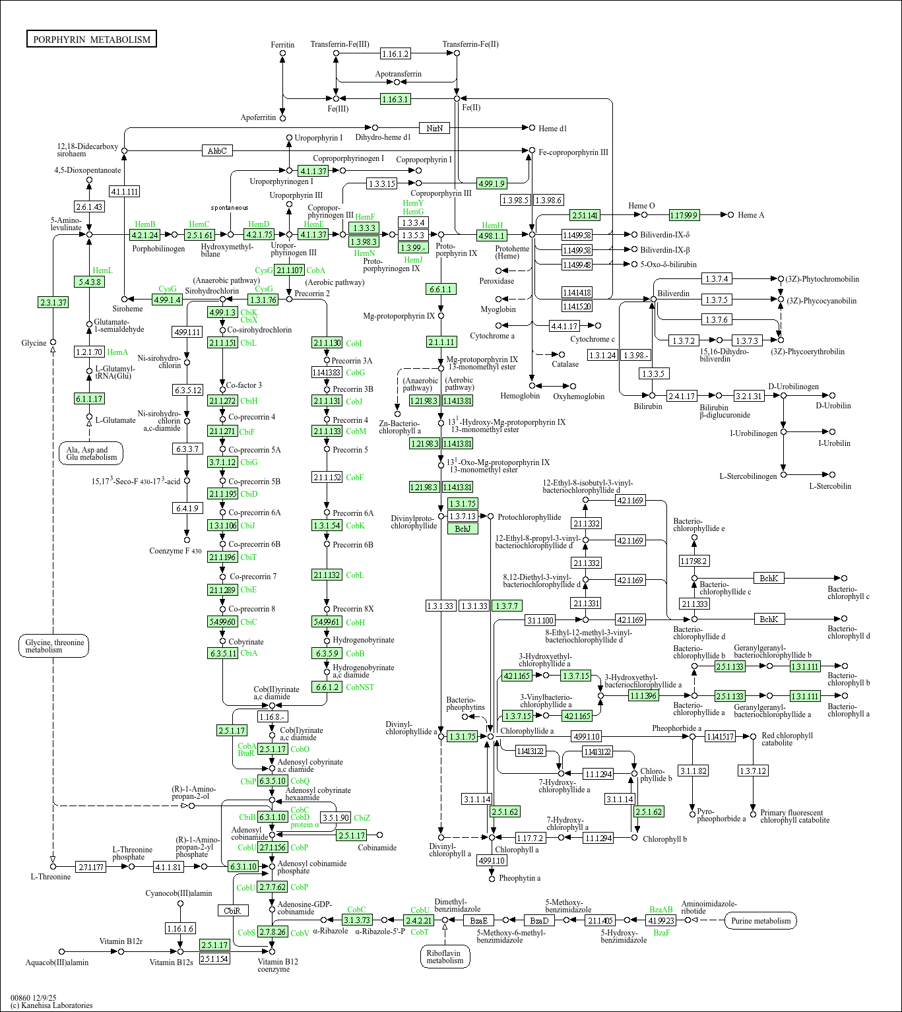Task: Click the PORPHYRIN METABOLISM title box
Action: click(x=92, y=40)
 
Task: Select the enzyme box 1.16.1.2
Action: click(x=395, y=54)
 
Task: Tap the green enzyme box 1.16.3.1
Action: click(x=395, y=99)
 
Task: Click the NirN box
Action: click(x=434, y=128)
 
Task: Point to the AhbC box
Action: click(x=217, y=151)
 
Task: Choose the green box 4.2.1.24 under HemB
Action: click(x=145, y=235)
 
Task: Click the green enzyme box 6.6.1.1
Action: click(x=441, y=290)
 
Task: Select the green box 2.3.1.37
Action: click(x=53, y=303)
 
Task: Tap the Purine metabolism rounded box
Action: click(x=760, y=921)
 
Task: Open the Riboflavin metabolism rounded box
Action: click(x=445, y=957)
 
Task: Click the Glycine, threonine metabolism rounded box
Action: click(x=53, y=647)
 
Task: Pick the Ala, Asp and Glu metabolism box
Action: click(x=91, y=454)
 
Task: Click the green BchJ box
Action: click(x=463, y=528)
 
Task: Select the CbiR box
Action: click(x=233, y=910)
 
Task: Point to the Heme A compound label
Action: click(x=751, y=215)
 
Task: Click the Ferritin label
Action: click(x=282, y=45)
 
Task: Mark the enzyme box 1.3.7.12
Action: click(x=753, y=771)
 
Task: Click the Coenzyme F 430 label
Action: click(x=176, y=551)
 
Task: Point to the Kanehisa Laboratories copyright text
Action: click(x=51, y=1005)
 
